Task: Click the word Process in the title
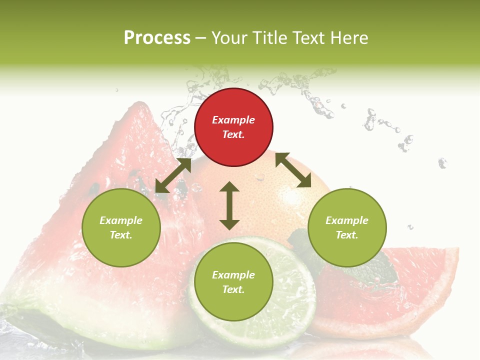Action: pos(157,38)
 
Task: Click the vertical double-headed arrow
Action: pos(229,205)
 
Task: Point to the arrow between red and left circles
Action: pos(173,175)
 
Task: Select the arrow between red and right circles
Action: pos(293,170)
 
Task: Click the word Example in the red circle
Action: pos(233,120)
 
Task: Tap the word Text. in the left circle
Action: pos(121,235)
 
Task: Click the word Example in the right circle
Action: pos(347,220)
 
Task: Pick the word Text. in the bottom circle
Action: pos(233,289)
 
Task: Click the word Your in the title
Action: pos(228,38)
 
